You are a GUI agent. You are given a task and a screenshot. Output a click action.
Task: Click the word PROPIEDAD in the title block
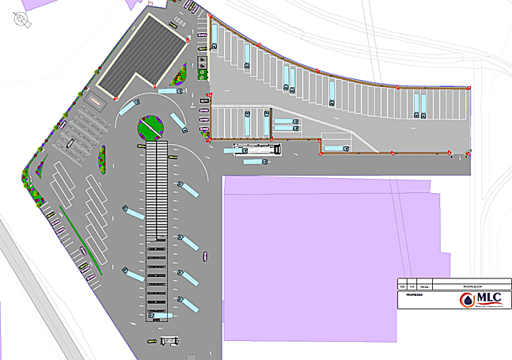click(x=414, y=294)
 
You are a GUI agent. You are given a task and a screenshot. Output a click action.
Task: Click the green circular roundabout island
click(x=149, y=125)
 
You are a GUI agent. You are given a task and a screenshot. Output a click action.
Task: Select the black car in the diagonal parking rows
click(x=70, y=143)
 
